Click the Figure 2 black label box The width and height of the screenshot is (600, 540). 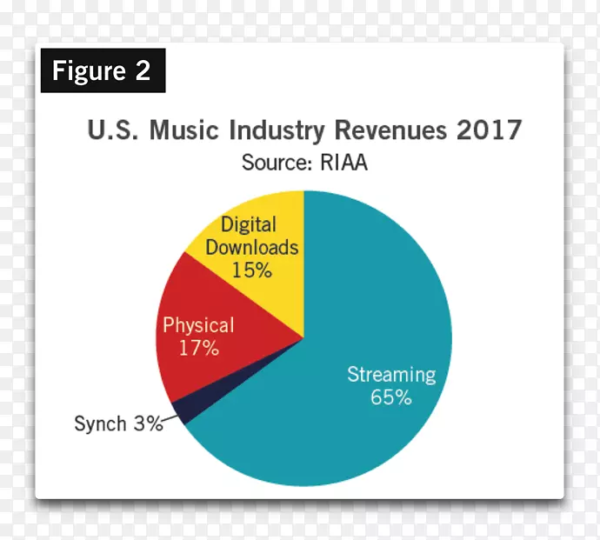[102, 70]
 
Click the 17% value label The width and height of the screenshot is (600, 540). [199, 350]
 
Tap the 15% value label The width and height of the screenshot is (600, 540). [252, 270]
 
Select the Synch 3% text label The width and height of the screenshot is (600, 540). [118, 424]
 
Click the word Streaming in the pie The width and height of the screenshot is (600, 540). [390, 375]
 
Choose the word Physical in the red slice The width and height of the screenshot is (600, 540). [199, 326]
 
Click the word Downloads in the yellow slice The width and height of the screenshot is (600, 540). [252, 247]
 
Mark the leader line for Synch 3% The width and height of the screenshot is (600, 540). [174, 420]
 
